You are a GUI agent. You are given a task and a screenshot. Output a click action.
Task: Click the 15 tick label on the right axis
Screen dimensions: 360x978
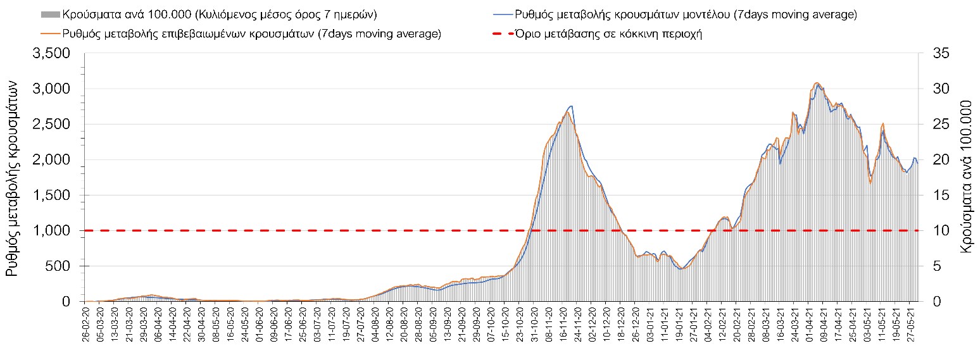pos(941,196)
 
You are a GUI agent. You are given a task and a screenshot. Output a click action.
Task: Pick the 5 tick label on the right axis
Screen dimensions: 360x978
pos(937,266)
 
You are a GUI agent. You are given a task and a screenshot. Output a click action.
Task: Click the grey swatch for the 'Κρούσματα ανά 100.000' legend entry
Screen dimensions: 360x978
pos(51,14)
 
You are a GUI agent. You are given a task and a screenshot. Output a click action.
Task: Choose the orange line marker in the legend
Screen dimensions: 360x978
pos(51,34)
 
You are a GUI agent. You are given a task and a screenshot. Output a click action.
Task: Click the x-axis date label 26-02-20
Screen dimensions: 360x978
pos(86,323)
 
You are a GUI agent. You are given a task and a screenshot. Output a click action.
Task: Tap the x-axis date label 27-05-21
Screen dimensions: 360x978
pos(911,323)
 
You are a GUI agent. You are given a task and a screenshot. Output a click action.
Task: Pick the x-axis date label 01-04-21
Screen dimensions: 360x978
pos(809,323)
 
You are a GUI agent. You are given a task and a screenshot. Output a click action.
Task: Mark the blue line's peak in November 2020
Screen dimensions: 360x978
pos(571,106)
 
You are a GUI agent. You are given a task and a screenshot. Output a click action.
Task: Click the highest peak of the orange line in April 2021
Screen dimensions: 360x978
pos(817,83)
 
